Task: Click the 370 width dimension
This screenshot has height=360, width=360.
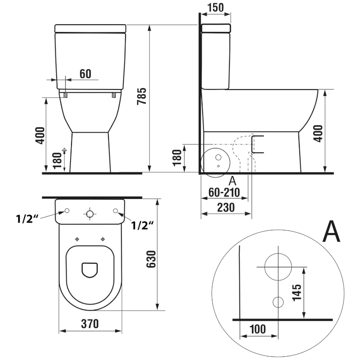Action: (90, 323)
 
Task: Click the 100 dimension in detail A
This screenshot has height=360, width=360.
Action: (257, 328)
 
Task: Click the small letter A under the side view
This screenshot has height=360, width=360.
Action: (233, 181)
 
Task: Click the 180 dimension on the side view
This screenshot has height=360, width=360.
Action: (177, 157)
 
